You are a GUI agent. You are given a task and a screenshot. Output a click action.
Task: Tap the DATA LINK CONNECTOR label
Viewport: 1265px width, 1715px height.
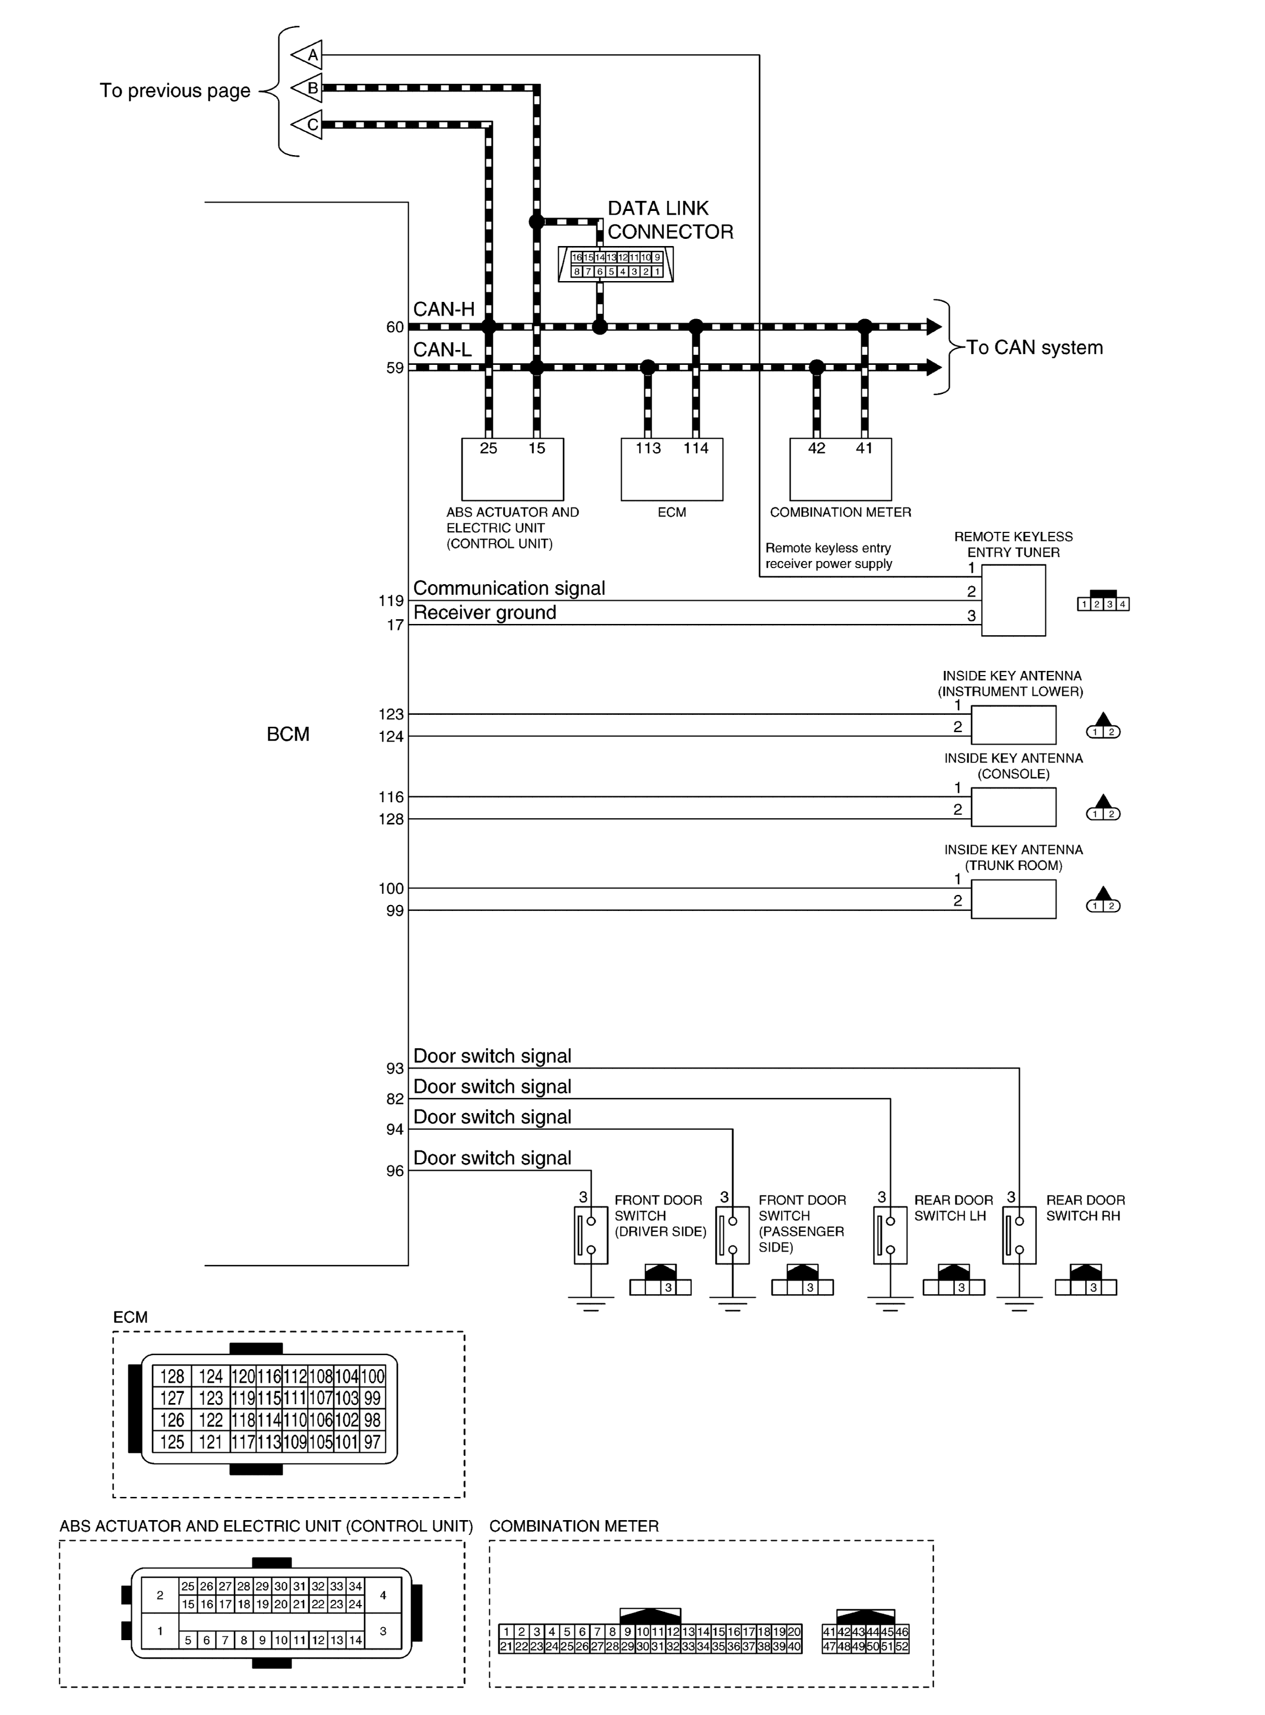point(670,220)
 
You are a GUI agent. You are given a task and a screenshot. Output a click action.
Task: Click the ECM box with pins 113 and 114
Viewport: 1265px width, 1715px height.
point(672,469)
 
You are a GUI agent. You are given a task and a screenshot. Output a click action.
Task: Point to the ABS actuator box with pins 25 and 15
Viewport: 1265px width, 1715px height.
point(513,469)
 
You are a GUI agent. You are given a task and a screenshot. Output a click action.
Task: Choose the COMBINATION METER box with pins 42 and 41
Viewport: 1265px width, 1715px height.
point(840,469)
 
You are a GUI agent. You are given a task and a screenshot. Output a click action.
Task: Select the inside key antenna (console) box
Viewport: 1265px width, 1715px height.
point(1013,808)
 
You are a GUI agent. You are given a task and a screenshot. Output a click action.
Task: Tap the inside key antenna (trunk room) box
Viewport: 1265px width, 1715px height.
point(1013,899)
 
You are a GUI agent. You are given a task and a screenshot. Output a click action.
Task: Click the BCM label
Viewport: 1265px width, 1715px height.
point(288,734)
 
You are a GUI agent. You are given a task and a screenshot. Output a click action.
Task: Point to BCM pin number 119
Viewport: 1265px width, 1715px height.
point(391,601)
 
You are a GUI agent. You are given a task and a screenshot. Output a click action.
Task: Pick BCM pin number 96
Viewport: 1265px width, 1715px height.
point(394,1171)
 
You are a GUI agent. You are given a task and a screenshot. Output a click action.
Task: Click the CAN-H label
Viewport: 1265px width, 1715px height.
point(444,310)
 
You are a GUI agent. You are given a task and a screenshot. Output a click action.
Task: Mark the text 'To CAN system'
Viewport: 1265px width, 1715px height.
point(1034,348)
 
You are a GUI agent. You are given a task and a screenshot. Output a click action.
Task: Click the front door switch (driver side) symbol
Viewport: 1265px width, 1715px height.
point(590,1235)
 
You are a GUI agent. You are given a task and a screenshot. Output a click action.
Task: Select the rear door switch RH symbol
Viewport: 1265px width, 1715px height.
point(1019,1235)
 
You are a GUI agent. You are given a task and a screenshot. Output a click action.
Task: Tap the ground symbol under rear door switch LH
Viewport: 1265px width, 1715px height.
point(890,1302)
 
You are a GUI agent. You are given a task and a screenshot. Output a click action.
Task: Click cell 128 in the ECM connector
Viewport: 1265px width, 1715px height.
point(172,1376)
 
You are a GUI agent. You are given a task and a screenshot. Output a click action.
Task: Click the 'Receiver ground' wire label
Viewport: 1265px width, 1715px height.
point(485,613)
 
